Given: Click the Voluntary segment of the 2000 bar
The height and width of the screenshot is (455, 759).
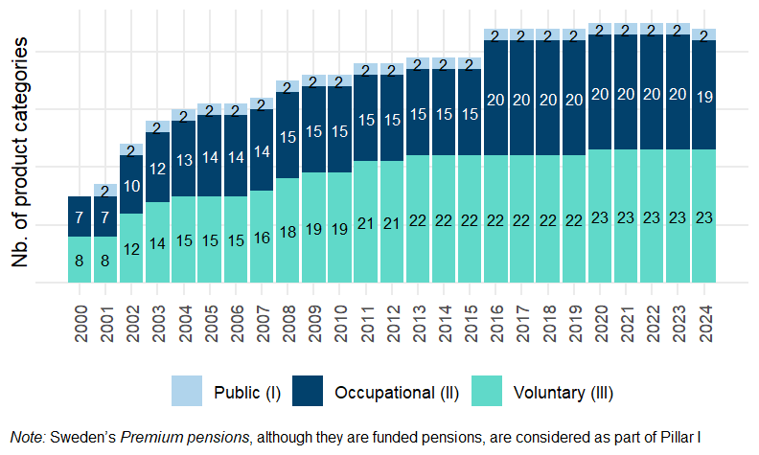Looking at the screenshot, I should [x=80, y=260].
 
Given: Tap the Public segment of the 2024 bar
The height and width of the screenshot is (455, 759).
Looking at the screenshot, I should [x=703, y=35].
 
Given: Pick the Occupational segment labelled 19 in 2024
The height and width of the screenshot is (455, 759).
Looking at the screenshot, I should [x=703, y=95].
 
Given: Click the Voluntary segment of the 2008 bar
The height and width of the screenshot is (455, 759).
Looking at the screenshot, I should [x=287, y=231].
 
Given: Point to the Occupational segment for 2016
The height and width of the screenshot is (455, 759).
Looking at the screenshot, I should [x=495, y=99].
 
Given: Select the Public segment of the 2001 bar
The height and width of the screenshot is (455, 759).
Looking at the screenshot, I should [x=105, y=191].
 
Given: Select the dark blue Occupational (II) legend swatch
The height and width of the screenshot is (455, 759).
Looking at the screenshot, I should [x=312, y=392].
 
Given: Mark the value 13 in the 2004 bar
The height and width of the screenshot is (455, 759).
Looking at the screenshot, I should [x=183, y=158].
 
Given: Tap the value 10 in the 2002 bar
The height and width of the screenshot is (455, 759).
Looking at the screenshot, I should [x=131, y=186].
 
